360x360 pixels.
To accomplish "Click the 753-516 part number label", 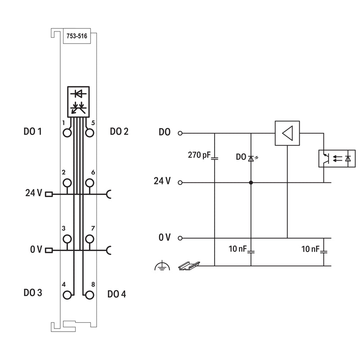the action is point(77,36).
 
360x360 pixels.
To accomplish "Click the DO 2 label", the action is point(119,131).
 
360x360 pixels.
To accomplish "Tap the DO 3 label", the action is point(33,293).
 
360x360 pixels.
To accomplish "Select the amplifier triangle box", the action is point(287,133).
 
